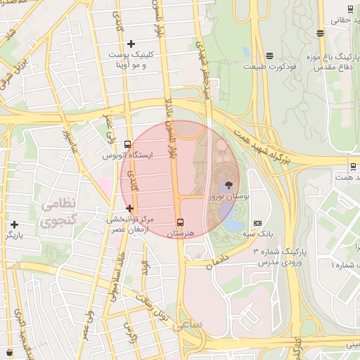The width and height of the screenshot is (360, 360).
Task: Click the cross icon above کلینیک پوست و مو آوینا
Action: [131, 44]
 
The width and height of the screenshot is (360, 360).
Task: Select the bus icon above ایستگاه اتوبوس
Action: [127, 144]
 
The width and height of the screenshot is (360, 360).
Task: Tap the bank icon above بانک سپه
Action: [257, 222]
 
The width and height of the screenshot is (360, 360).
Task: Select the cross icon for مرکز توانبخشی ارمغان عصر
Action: [129, 208]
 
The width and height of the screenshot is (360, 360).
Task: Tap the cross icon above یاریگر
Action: [14, 224]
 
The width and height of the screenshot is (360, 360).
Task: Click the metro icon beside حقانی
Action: [350, 9]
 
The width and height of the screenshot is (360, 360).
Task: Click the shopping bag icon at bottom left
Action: [8, 352]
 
